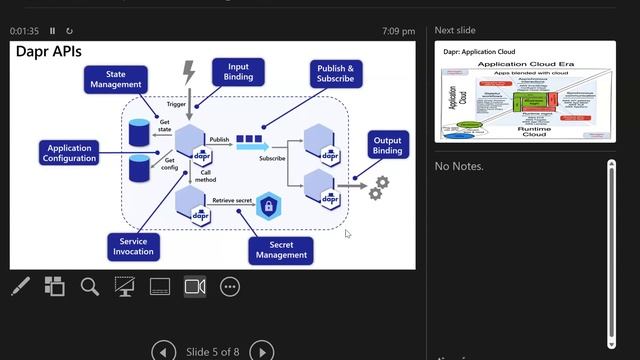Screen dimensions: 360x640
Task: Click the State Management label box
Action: [116, 79]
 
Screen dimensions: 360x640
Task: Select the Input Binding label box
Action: [238, 71]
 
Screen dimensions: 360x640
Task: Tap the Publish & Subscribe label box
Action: [335, 73]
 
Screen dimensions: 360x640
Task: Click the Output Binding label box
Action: [388, 144]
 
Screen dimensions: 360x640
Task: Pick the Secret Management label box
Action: [281, 249]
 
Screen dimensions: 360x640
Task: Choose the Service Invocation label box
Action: [133, 246]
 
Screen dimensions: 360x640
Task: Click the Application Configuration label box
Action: [70, 153]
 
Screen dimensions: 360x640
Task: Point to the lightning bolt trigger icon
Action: [189, 73]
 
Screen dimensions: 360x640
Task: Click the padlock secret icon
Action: [268, 207]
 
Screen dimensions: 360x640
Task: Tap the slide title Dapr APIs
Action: [49, 50]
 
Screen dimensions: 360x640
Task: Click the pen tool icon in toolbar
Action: [20, 287]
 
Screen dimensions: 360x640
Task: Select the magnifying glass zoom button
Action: [90, 287]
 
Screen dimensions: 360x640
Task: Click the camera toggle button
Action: [195, 287]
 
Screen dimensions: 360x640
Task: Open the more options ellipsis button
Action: [230, 287]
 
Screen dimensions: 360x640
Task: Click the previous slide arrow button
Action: [164, 351]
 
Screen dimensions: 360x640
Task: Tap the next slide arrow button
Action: [261, 351]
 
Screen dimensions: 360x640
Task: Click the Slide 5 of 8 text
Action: [213, 351]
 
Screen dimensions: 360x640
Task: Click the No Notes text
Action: [459, 166]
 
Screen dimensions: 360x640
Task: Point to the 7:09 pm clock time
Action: [398, 31]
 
